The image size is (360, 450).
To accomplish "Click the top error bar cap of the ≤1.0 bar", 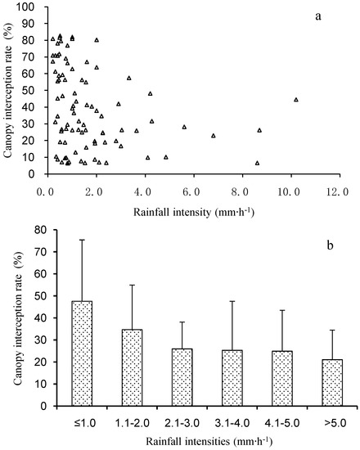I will tap(82, 240).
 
